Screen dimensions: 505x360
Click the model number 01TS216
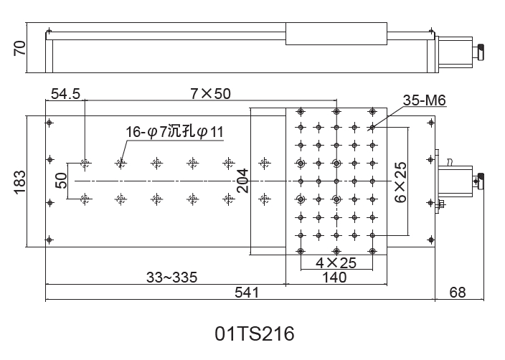255,333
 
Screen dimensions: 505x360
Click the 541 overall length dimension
247,293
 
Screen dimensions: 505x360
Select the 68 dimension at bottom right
458,293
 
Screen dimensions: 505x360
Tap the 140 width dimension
334,278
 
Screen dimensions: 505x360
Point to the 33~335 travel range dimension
171,278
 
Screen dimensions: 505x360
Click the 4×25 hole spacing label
336,263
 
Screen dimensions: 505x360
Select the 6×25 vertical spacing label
401,182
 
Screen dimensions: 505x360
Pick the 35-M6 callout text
425,100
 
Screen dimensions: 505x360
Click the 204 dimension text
242,181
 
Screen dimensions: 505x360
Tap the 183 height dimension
19,182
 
